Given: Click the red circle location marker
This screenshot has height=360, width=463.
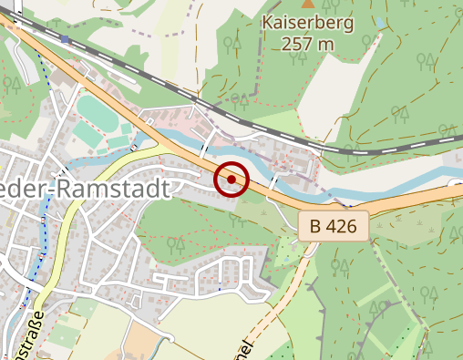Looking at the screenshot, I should (231, 180).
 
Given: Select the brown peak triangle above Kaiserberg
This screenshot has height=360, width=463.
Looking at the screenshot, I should (306, 4).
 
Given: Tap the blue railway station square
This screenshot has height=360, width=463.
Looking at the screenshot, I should (66, 40).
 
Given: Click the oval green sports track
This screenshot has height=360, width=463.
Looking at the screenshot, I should (94, 116).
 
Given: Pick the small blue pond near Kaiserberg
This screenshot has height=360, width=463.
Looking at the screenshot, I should (378, 21).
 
